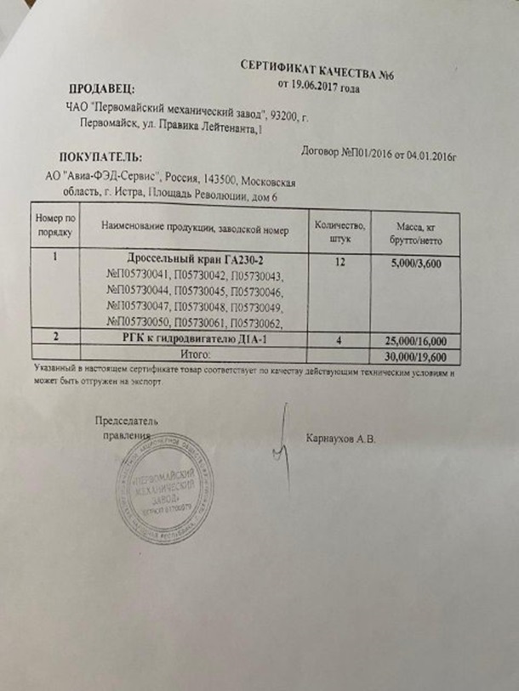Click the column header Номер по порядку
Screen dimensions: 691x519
click(x=54, y=224)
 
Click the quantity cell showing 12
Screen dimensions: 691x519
click(x=340, y=263)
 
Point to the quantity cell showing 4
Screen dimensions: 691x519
click(x=339, y=338)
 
